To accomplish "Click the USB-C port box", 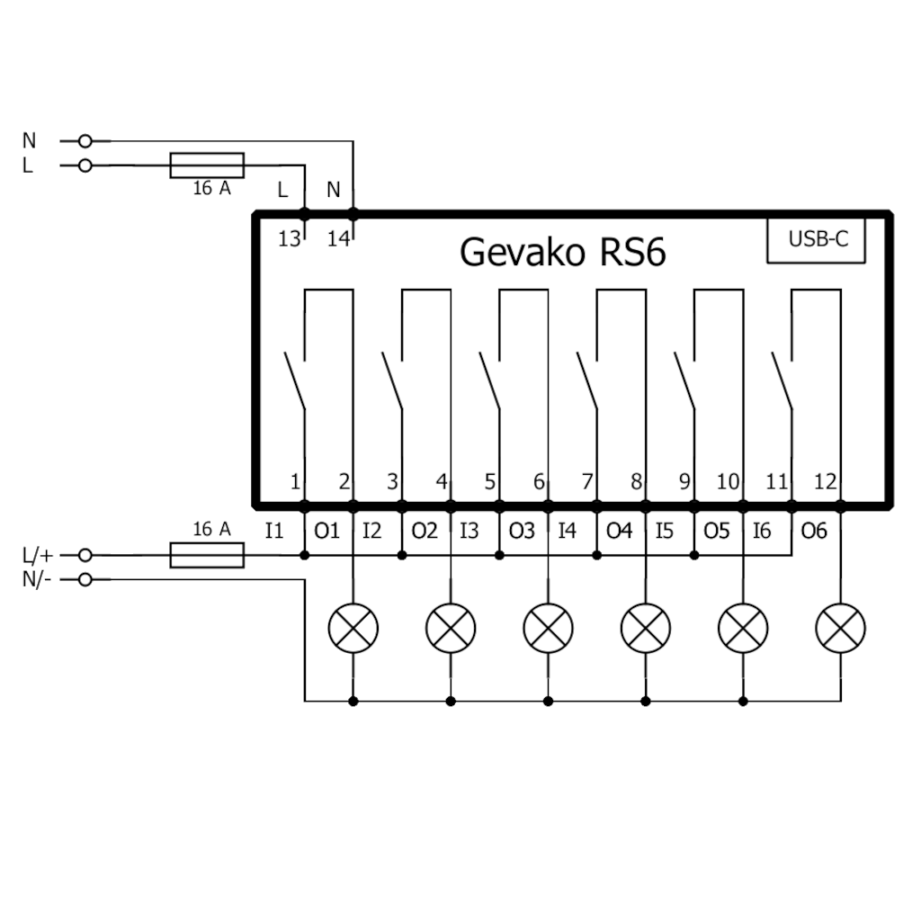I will coord(816,240).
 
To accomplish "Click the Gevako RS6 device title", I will coord(562,252).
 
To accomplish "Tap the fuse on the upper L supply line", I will coord(207,165).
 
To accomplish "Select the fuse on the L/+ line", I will coord(207,555).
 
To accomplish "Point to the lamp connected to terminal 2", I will coord(353,627).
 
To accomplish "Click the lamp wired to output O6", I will coord(840,627).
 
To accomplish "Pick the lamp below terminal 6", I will coord(548,627).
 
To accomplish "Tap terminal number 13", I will coord(289,239).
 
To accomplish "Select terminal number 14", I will coord(337,239).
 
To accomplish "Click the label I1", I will coord(274,531).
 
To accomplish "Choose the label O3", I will coord(522,531).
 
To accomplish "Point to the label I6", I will coord(762,531).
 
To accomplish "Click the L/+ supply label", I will coord(37,556).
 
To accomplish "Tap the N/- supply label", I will coord(37,579).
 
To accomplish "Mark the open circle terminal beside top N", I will coord(85,141).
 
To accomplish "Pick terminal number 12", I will coord(825,482).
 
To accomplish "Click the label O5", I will coord(717,531).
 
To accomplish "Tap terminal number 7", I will coord(587,482).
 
